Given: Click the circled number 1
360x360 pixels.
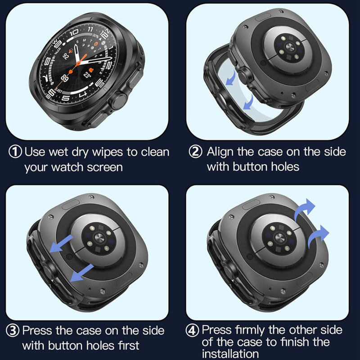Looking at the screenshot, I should (16, 152).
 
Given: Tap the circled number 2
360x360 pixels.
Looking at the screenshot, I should (195, 152).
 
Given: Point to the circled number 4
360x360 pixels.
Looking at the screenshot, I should (193, 329).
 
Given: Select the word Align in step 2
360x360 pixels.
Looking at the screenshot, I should (220, 152).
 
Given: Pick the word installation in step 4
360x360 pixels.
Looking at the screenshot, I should (230, 354).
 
